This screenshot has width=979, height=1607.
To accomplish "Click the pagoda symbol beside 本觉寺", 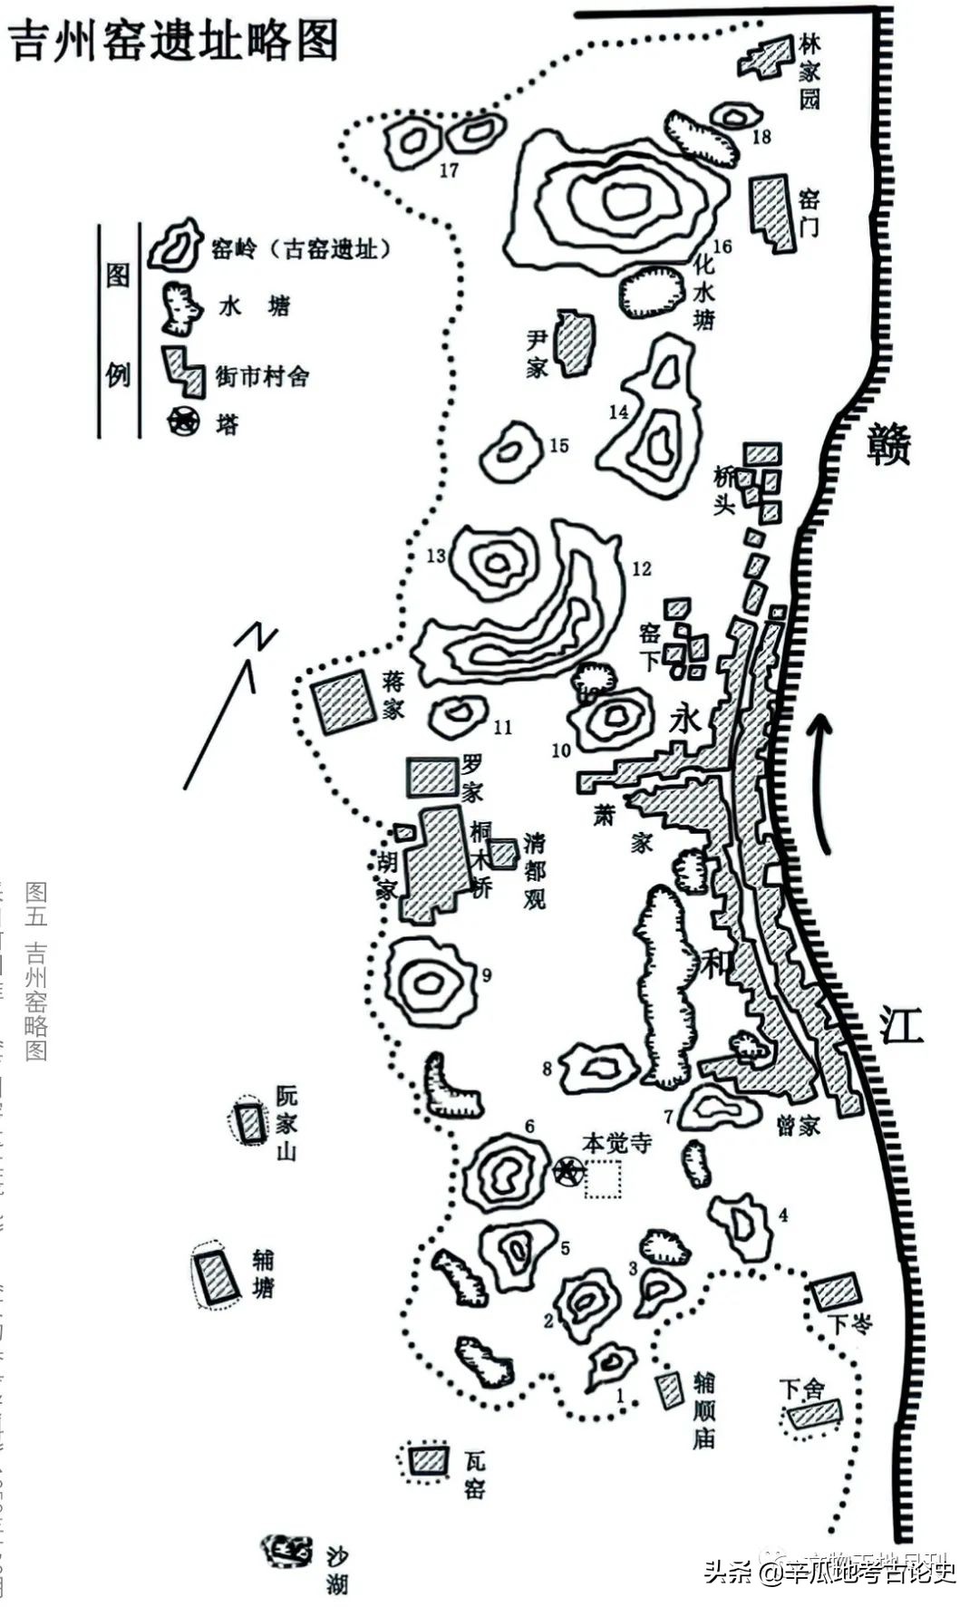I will [x=568, y=1171].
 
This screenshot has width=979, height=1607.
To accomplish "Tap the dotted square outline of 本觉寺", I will [x=603, y=1179].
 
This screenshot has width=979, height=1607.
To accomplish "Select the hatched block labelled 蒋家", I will [x=343, y=702].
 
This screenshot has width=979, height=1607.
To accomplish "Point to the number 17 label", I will [x=449, y=170].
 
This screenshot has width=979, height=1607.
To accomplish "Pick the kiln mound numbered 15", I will [x=510, y=452].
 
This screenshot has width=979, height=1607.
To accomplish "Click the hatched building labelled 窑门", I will [x=771, y=211].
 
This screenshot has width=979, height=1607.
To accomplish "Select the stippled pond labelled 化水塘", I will [x=651, y=292].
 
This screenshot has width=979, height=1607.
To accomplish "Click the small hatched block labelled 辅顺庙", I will [x=670, y=1389].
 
